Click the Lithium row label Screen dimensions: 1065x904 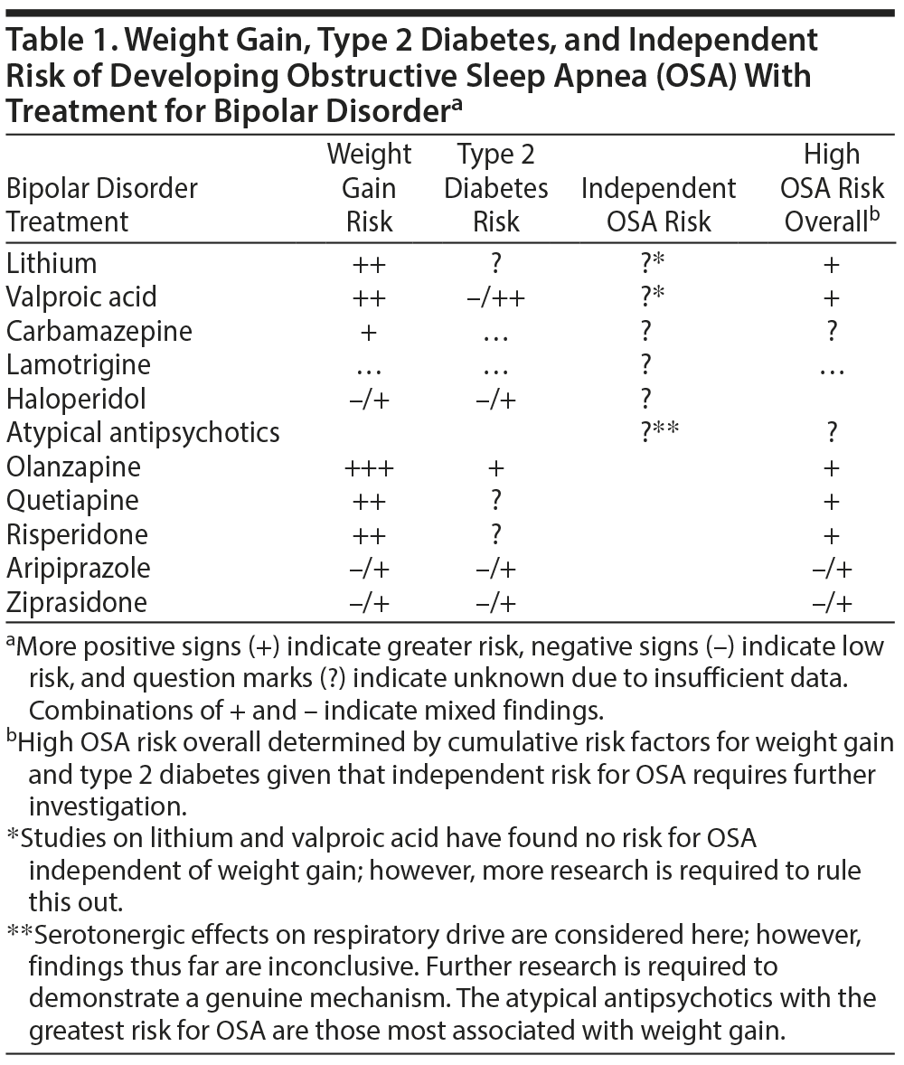pyautogui.click(x=52, y=263)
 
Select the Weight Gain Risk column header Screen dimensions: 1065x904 pyautogui.click(x=369, y=188)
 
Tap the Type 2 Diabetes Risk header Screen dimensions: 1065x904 pyautogui.click(x=495, y=188)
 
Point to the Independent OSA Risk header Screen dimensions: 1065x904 pyautogui.click(x=658, y=205)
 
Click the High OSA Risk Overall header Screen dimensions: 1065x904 pyautogui.click(x=832, y=188)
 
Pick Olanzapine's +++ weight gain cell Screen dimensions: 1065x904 pyautogui.click(x=369, y=467)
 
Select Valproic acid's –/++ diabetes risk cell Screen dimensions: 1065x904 pyautogui.click(x=495, y=297)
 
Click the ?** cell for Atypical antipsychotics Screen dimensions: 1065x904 pyautogui.click(x=658, y=433)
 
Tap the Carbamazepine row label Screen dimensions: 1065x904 pyautogui.click(x=99, y=331)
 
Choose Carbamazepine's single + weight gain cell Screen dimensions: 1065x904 pyautogui.click(x=369, y=332)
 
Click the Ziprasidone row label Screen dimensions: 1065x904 pyautogui.click(x=76, y=602)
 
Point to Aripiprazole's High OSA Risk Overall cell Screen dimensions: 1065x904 pyautogui.click(x=832, y=569)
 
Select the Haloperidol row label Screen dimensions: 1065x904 pyautogui.click(x=75, y=399)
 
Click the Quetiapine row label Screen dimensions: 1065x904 pyautogui.click(x=73, y=501)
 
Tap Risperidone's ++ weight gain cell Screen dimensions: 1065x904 pyautogui.click(x=369, y=535)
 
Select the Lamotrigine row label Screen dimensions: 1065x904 pyautogui.click(x=79, y=365)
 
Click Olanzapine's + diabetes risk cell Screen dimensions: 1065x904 pyautogui.click(x=495, y=467)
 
